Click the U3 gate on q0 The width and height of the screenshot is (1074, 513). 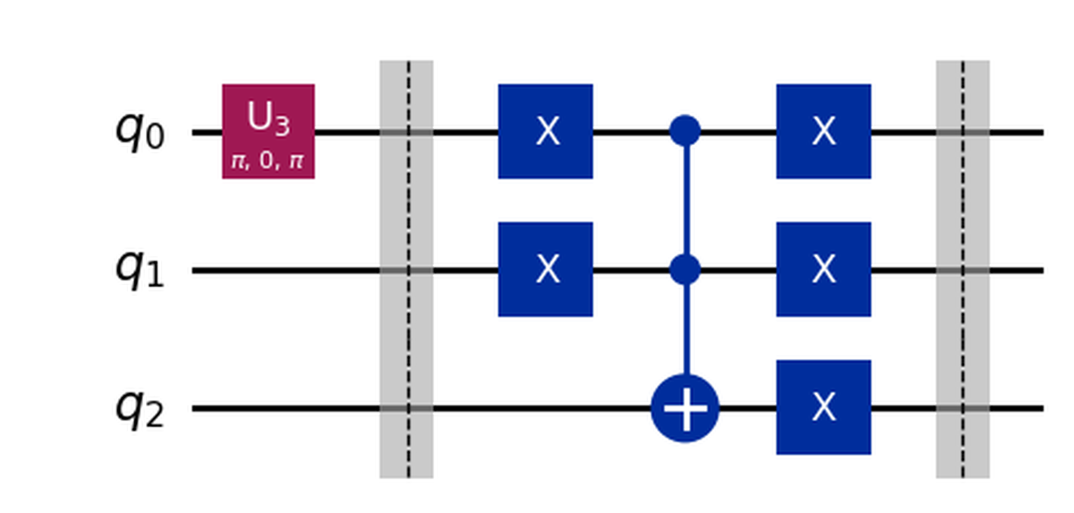[x=268, y=131]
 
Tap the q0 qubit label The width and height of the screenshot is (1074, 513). [x=139, y=131]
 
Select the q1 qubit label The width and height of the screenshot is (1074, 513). [x=139, y=269]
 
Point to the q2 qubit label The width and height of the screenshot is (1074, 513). [x=139, y=408]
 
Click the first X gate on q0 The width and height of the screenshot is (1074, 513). [x=546, y=131]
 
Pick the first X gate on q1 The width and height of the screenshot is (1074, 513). [x=546, y=269]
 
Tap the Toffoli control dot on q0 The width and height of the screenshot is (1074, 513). [x=685, y=132]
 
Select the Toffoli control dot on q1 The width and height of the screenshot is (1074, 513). [x=685, y=269]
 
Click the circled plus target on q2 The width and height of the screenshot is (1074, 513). [x=685, y=408]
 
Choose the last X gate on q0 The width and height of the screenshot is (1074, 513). [x=823, y=131]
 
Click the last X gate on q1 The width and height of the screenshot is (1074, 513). [x=823, y=269]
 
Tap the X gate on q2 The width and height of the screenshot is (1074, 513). [x=823, y=408]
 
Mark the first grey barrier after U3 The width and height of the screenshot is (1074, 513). [x=407, y=269]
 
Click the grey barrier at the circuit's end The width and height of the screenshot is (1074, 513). [x=963, y=269]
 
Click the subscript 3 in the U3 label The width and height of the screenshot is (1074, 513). [x=282, y=128]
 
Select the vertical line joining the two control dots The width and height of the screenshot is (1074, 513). [x=685, y=201]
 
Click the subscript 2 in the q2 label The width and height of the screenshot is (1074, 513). [x=156, y=418]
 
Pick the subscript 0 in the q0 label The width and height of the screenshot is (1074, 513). [x=156, y=141]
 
